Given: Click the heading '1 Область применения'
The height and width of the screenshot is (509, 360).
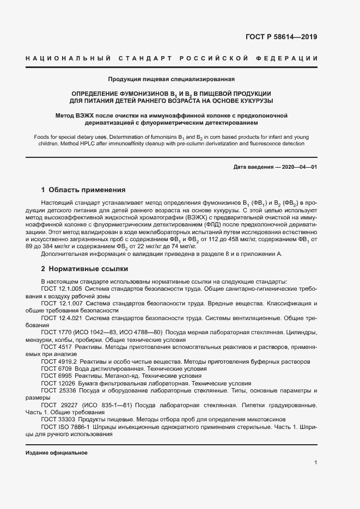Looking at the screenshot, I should [x=83, y=190].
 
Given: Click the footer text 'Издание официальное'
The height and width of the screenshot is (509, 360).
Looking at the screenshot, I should [x=57, y=453].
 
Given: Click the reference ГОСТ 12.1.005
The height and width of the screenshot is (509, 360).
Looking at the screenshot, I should [x=61, y=289].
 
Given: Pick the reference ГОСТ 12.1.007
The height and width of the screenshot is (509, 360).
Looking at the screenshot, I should [x=61, y=303].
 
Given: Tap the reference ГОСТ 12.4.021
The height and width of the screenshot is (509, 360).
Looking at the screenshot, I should [x=61, y=317].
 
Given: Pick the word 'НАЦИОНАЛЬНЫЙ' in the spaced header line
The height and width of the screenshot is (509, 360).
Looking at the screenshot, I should [x=68, y=58].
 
